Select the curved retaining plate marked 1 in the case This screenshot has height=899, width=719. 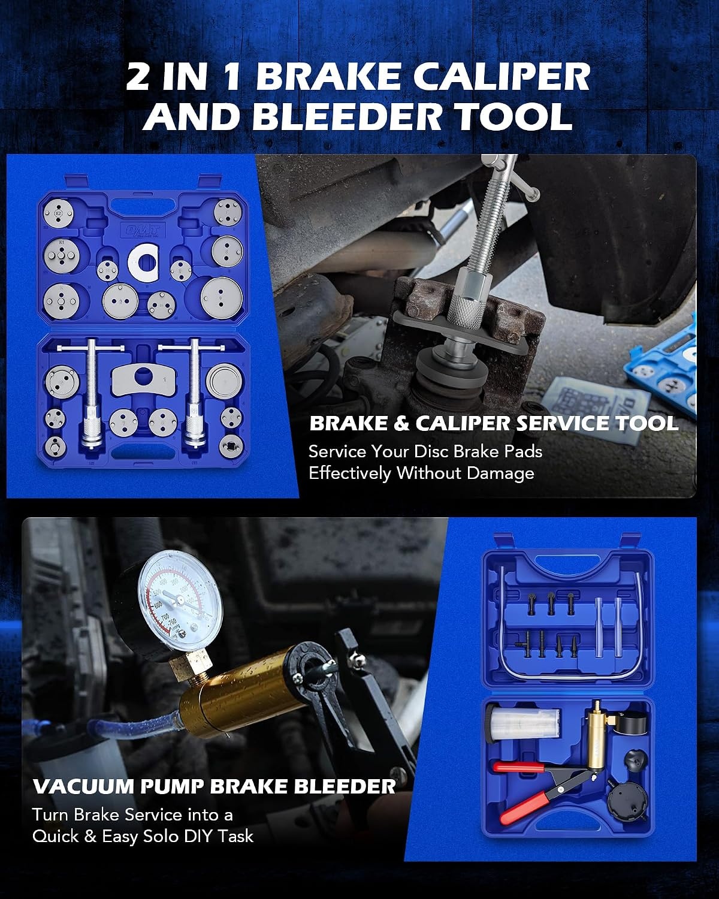pyautogui.click(x=145, y=380)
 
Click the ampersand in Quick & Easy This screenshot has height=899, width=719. pyautogui.click(x=89, y=836)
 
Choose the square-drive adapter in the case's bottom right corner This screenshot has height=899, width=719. pyautogui.click(x=230, y=446)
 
